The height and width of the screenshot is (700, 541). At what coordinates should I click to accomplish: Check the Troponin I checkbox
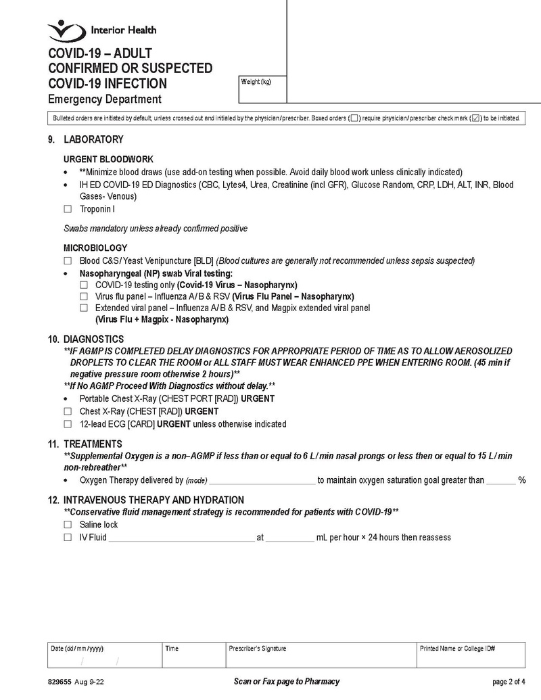67,210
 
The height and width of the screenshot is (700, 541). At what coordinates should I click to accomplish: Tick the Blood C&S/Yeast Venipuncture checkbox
67,260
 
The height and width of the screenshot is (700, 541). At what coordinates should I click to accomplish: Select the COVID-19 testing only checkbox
83,285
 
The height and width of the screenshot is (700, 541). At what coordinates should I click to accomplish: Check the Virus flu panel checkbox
83,296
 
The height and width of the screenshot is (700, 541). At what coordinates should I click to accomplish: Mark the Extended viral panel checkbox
83,308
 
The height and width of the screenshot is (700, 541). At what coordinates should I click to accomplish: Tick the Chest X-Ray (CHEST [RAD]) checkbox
67,411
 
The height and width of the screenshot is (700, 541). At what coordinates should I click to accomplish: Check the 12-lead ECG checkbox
67,424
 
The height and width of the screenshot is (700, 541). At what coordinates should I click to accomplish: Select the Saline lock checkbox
67,525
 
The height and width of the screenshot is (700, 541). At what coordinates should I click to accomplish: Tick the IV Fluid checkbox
67,538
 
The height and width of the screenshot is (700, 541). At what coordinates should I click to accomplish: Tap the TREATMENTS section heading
93,444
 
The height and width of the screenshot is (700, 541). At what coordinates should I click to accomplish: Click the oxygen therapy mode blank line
262,482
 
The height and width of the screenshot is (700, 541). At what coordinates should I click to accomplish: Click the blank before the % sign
500,482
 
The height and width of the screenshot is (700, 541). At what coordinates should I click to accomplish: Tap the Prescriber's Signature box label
258,649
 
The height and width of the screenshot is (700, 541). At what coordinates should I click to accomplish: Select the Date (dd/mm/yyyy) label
78,649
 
